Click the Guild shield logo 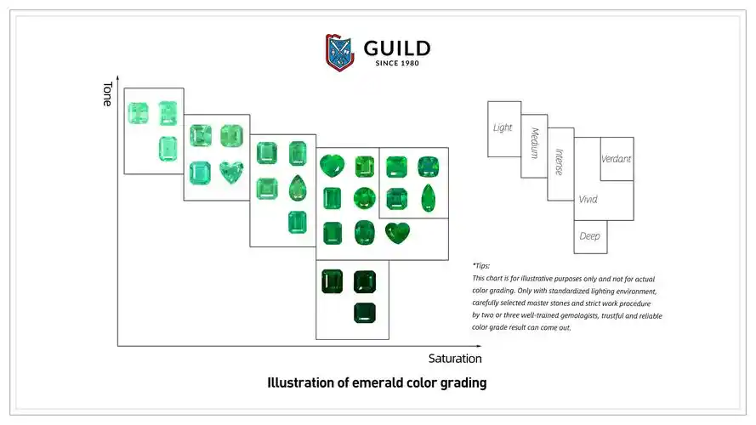[x=340, y=51]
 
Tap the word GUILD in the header [x=397, y=48]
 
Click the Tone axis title [x=107, y=93]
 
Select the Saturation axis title [x=455, y=359]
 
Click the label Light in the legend [x=503, y=127]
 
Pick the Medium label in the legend [x=534, y=144]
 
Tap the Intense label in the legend [x=559, y=161]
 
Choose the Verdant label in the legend [x=616, y=159]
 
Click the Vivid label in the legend [x=588, y=200]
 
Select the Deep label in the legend [x=589, y=235]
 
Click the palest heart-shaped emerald [x=230, y=173]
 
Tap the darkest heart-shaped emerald [x=396, y=231]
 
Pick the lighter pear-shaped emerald [x=297, y=187]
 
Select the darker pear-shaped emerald [x=427, y=198]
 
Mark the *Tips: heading [x=481, y=266]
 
